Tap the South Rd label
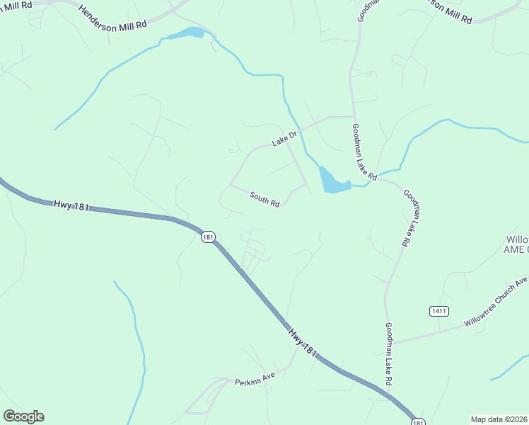(264, 199)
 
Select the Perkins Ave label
(255, 381)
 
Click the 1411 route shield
(438, 311)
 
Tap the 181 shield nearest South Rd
(207, 237)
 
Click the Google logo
(23, 416)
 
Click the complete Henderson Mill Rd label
(112, 16)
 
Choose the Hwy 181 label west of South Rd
(71, 206)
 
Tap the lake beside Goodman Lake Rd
(332, 181)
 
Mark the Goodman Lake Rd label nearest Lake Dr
(366, 150)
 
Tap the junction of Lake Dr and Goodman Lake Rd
(353, 116)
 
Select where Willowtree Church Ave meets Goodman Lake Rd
(391, 343)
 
